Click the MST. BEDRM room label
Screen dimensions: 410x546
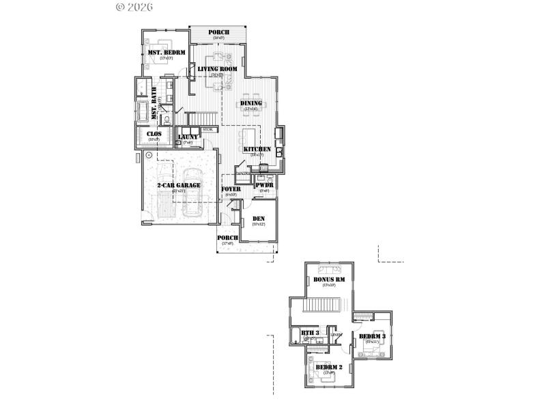coord(167,53)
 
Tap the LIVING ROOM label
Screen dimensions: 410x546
coord(218,70)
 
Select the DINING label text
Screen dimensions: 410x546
coord(250,103)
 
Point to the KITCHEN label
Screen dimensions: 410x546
coord(257,149)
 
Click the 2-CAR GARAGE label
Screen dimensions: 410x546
coord(179,185)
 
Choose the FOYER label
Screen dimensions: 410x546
coord(231,189)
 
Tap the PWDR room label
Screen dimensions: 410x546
coord(264,185)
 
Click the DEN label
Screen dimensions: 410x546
coord(259,219)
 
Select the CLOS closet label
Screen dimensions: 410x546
coord(154,134)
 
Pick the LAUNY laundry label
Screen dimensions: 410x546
coord(188,137)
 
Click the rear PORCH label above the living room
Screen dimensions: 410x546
coord(219,33)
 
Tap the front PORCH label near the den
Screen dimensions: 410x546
coord(227,238)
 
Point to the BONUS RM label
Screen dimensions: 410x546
coord(329,279)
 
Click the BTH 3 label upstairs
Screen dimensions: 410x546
coord(311,333)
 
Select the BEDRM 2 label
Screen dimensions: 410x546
coord(329,368)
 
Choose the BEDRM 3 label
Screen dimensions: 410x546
coord(373,337)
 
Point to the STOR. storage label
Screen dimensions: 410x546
coord(207,128)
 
